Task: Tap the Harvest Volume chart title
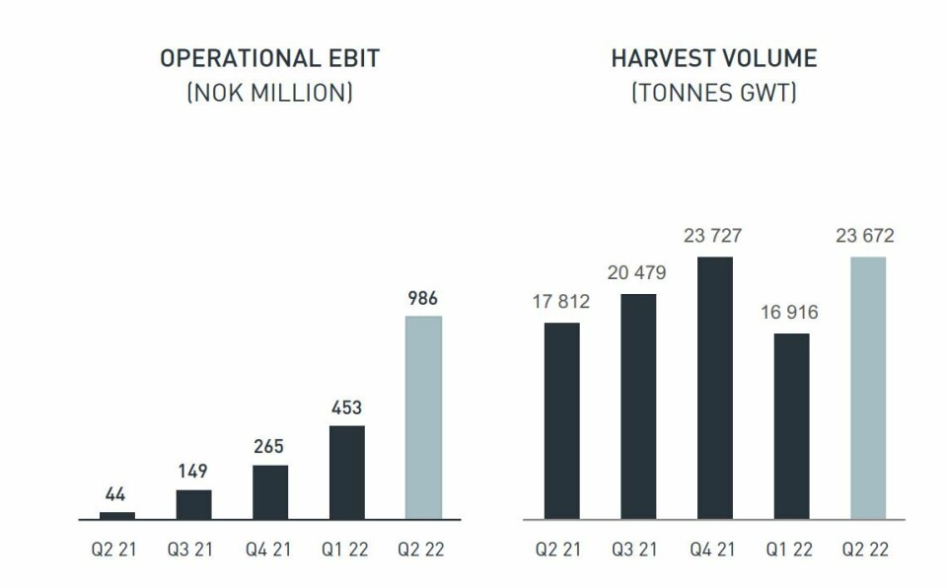pos(714,59)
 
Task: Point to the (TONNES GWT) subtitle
pos(714,95)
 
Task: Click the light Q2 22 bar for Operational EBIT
pos(423,417)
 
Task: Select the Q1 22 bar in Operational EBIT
pos(347,473)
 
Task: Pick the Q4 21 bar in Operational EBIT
pos(270,492)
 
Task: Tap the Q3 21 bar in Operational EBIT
pos(193,504)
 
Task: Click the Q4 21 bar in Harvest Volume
pos(715,388)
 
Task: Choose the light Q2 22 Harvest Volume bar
pos(868,388)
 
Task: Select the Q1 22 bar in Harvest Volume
pos(791,426)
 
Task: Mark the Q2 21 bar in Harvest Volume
pos(562,421)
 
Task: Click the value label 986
pos(423,298)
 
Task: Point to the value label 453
pos(347,407)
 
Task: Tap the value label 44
pos(116,494)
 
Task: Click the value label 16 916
pos(791,313)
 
